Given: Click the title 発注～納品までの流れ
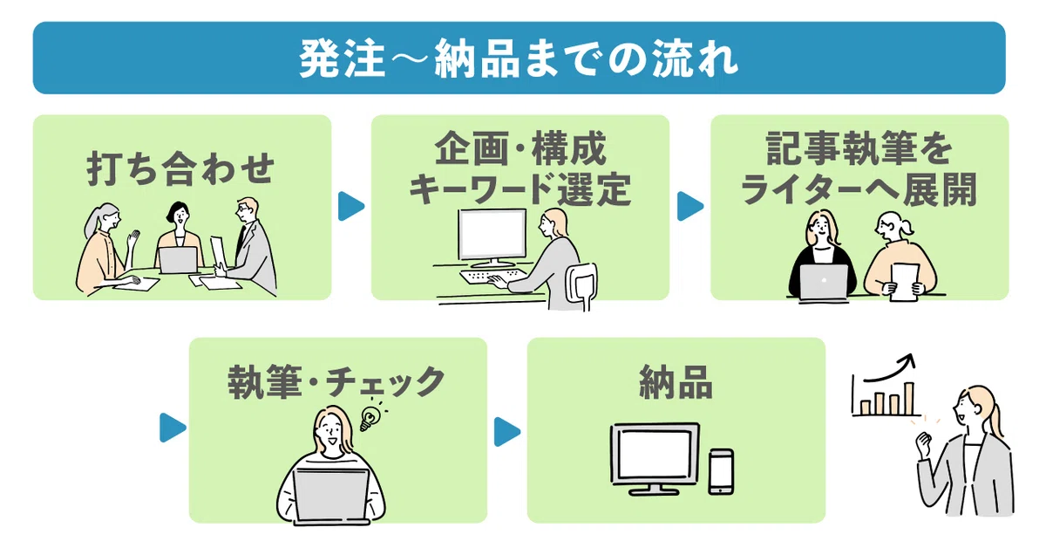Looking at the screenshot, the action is (x=519, y=58).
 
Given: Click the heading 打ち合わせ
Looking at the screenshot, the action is (x=181, y=168).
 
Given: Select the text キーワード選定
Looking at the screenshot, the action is (x=520, y=188).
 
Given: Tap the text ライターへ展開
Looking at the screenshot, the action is (x=859, y=188).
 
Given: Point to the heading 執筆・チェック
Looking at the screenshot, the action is (x=336, y=382).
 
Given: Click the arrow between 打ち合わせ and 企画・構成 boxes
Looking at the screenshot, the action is (x=351, y=206).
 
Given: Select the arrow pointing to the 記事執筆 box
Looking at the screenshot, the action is (x=690, y=206).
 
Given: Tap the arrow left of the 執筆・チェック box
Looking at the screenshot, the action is (x=173, y=428).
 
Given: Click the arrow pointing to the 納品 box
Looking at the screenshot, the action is (x=507, y=431).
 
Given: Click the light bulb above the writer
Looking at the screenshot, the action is (x=370, y=418).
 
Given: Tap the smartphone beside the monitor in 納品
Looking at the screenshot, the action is (x=721, y=471).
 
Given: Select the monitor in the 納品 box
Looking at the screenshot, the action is (x=655, y=458).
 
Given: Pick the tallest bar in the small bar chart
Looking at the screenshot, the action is (x=908, y=399).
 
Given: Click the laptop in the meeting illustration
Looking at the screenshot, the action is (x=178, y=260).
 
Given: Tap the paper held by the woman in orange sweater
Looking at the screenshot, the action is (x=905, y=283).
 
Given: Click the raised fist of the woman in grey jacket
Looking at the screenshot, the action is (x=923, y=444).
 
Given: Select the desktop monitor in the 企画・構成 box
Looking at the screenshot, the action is (x=492, y=237).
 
